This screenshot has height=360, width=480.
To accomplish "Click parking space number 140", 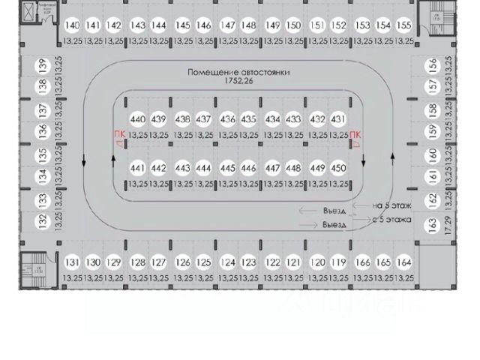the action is tap(72, 25).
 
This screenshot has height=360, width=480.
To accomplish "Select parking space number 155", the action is tap(404, 25).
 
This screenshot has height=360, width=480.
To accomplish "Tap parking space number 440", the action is tap(138, 119).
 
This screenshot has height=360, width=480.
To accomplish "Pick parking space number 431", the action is tap(338, 119).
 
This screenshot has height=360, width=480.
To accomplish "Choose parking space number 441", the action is tap(137, 168).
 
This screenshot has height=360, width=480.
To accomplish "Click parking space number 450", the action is tap(339, 168).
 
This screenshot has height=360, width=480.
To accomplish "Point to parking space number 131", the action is tap(72, 262).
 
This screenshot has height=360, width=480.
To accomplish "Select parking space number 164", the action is tap(404, 262).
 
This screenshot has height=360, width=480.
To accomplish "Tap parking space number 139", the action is tap(43, 65).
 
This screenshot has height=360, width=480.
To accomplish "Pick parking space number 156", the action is tap(433, 65).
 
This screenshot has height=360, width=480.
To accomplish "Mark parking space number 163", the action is tap(433, 224).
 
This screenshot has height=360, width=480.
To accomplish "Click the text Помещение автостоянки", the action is tap(239, 73).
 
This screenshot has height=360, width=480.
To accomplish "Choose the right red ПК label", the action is tap(355, 134).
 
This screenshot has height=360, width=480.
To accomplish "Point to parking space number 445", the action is tap(228, 168).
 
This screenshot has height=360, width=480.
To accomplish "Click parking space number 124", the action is tap(228, 262).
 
